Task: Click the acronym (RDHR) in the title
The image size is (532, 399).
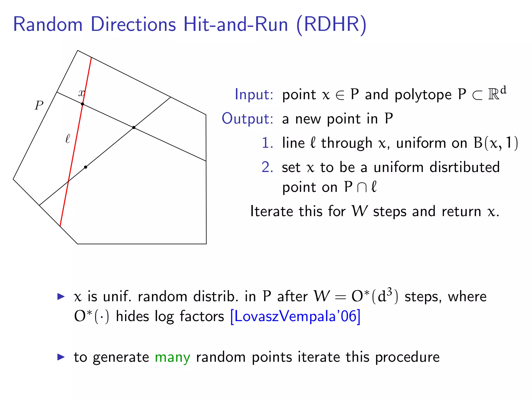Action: [331, 25]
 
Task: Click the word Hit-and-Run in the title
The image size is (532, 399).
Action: [236, 25]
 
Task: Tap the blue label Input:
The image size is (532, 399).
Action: [254, 94]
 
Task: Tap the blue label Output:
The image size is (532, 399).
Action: [247, 118]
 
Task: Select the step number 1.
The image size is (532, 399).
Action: [267, 143]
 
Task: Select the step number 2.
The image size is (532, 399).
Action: [267, 167]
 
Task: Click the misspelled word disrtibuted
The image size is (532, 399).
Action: [464, 167]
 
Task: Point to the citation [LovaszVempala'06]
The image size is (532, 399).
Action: [295, 316]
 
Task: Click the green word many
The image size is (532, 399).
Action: [172, 357]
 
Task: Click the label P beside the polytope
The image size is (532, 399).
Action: [39, 105]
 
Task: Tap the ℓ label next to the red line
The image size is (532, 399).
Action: [68, 139]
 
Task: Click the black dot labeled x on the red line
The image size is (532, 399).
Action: [82, 104]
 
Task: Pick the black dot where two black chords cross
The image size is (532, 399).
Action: [134, 127]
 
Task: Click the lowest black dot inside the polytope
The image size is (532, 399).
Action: [85, 167]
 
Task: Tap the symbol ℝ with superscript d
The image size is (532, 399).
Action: [497, 94]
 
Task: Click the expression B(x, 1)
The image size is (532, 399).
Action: [496, 143]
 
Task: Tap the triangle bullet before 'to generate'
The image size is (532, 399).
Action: [61, 357]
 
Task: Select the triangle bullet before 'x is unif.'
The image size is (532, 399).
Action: [61, 296]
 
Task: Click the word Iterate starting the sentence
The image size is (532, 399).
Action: [272, 211]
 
